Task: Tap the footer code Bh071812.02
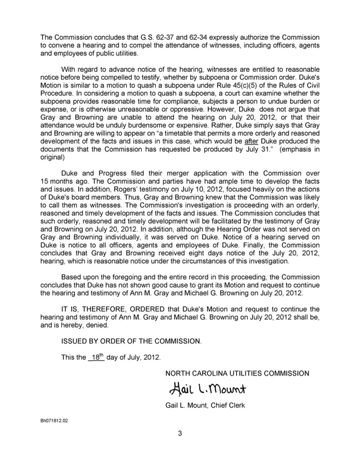pyautogui.click(x=54, y=421)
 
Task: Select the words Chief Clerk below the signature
pyautogui.click(x=225, y=406)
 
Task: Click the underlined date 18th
pyautogui.click(x=96, y=357)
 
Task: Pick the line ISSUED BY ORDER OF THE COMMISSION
pyautogui.click(x=131, y=342)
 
